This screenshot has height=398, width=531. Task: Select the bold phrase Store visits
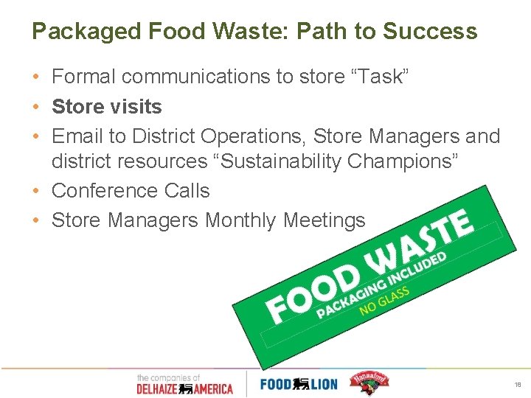coord(107,107)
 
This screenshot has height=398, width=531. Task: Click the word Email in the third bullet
coord(79,136)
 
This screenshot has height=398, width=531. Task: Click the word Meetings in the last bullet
coord(325,220)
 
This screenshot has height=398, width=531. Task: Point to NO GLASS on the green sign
coord(383,300)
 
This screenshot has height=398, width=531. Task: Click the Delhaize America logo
coord(184,383)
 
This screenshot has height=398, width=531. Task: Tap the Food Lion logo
coord(299,383)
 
